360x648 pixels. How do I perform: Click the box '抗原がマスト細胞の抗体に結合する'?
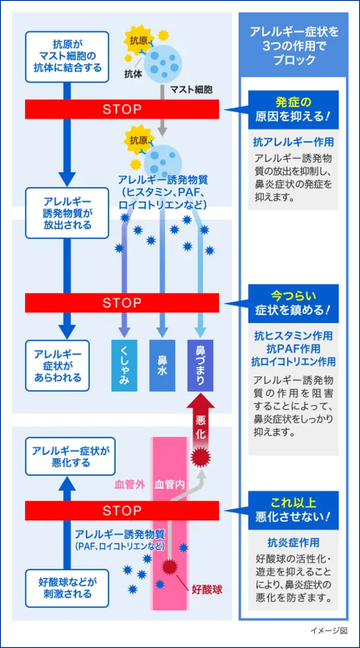tap(67, 57)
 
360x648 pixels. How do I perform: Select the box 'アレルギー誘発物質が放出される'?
tap(67, 213)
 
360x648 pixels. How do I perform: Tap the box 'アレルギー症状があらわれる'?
tap(58, 366)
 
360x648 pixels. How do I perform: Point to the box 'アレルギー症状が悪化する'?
tap(67, 456)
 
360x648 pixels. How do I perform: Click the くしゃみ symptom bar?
tap(124, 366)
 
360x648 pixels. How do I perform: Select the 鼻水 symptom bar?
tap(162, 366)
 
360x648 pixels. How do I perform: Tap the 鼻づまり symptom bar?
tap(201, 366)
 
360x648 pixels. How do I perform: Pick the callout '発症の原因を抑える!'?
tap(293, 109)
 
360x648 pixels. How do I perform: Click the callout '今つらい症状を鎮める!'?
tap(293, 303)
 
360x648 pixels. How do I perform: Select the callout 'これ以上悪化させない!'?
tap(293, 510)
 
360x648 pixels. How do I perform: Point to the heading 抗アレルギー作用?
tap(293, 142)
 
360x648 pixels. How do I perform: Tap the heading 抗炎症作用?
tap(293, 542)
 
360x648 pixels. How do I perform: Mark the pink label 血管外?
tap(129, 485)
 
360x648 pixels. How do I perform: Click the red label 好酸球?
tap(207, 589)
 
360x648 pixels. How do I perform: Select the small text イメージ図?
tap(328, 630)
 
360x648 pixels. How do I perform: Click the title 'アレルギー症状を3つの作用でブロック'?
tap(294, 46)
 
